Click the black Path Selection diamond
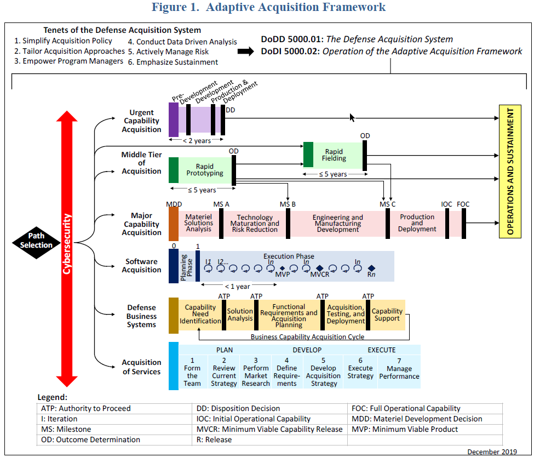click(x=36, y=241)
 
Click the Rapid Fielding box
click(x=334, y=155)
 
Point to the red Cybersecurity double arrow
click(x=67, y=249)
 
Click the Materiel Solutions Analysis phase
click(x=198, y=223)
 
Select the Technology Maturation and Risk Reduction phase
click(x=255, y=224)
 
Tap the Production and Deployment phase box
click(x=417, y=223)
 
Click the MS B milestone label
click(x=288, y=204)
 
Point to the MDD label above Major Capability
click(x=174, y=204)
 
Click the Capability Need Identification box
click(x=200, y=315)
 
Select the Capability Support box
click(x=387, y=315)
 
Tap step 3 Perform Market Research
click(x=256, y=372)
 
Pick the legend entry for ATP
click(x=86, y=408)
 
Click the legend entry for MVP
click(x=405, y=429)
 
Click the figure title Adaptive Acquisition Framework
click(x=268, y=7)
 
